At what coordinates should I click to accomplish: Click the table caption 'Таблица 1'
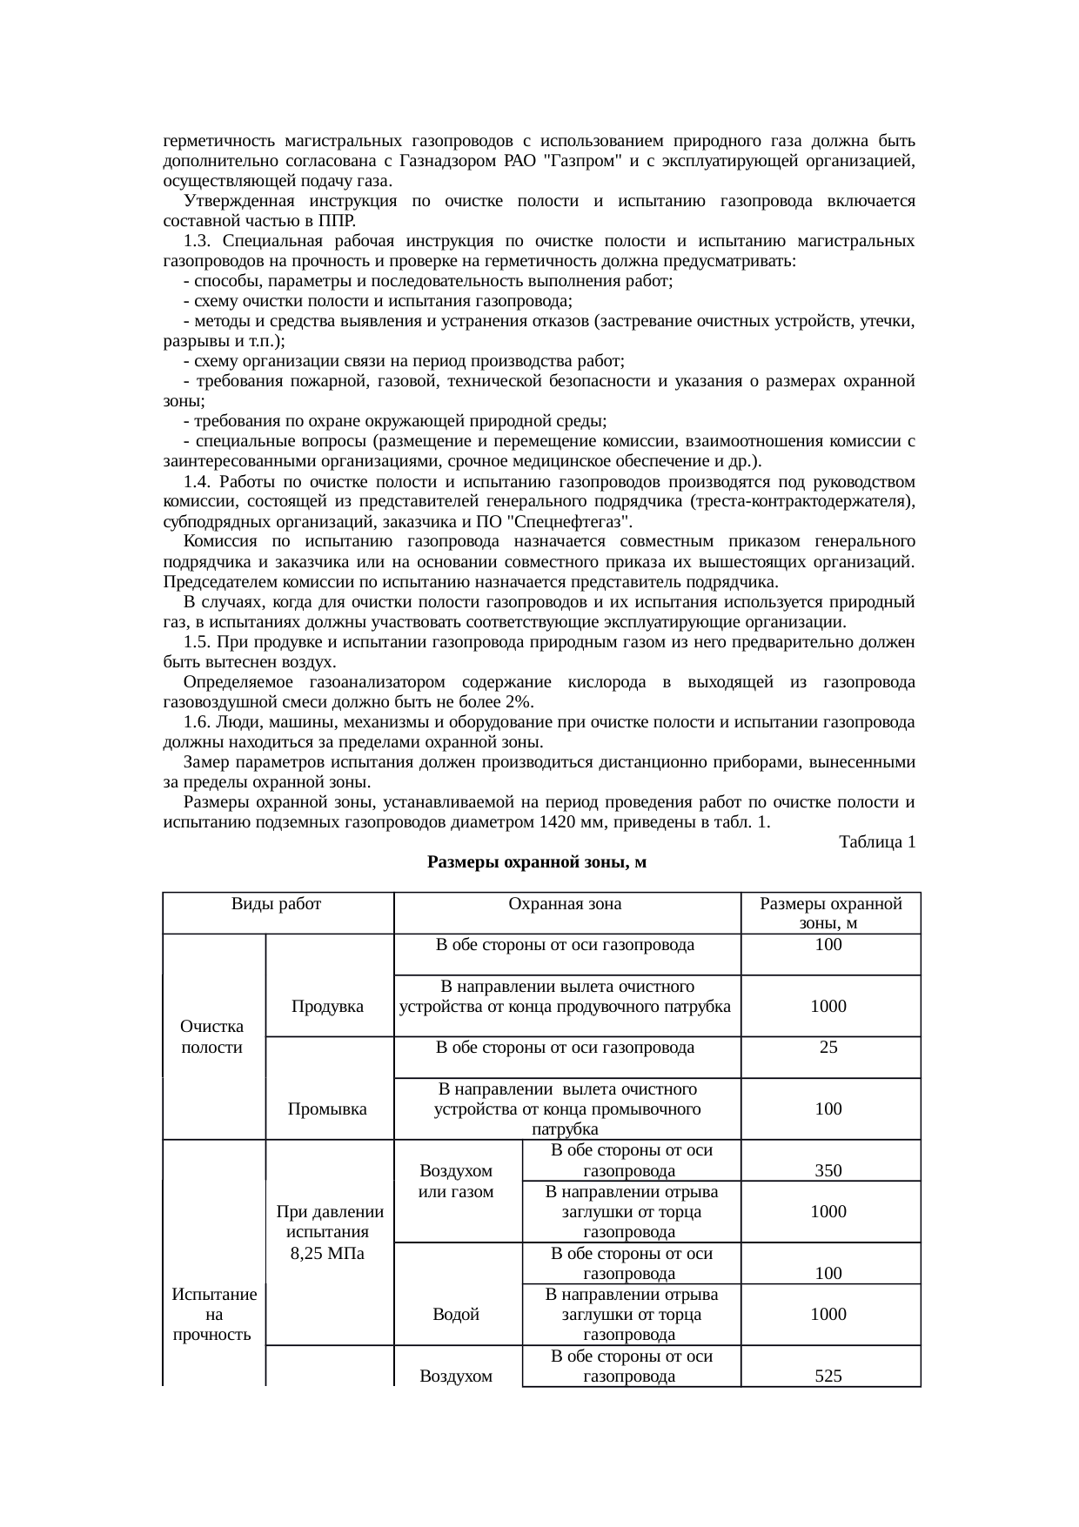[876, 842]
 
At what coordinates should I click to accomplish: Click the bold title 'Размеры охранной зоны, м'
[537, 862]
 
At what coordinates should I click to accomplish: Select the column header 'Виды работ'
[277, 904]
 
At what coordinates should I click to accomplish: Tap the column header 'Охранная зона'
[565, 904]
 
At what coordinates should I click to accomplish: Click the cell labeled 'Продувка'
[328, 1007]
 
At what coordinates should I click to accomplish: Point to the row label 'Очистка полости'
[211, 1037]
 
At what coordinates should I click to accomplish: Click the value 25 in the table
[828, 1048]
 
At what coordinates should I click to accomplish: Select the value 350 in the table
[828, 1171]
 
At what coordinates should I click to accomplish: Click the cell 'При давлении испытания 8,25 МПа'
[330, 1232]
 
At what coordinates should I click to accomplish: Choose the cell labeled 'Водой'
[456, 1315]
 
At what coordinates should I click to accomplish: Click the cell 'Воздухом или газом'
[456, 1181]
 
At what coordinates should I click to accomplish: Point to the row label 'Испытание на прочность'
[215, 1315]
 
